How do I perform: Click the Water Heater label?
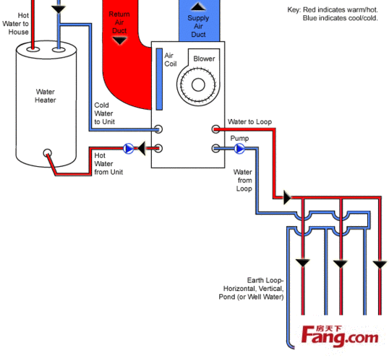click(x=46, y=96)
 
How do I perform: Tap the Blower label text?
click(x=204, y=58)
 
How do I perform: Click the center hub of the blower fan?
click(x=198, y=84)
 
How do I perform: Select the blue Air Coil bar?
click(x=159, y=79)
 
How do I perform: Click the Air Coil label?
click(x=171, y=59)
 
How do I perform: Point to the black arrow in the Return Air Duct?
click(x=120, y=40)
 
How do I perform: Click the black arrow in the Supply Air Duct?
click(x=198, y=6)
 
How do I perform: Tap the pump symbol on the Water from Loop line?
click(x=239, y=149)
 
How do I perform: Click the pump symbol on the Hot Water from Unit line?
click(x=129, y=149)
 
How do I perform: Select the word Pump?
click(x=239, y=138)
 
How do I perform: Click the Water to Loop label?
click(x=250, y=121)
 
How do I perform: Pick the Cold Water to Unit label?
click(x=104, y=113)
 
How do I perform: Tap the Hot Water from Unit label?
click(x=108, y=164)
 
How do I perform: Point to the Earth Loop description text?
click(x=251, y=289)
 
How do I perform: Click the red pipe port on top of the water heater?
click(x=33, y=49)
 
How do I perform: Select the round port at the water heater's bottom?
click(x=48, y=152)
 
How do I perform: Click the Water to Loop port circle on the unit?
click(x=216, y=129)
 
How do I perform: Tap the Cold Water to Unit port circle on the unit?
click(x=158, y=129)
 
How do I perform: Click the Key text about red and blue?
click(x=333, y=14)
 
